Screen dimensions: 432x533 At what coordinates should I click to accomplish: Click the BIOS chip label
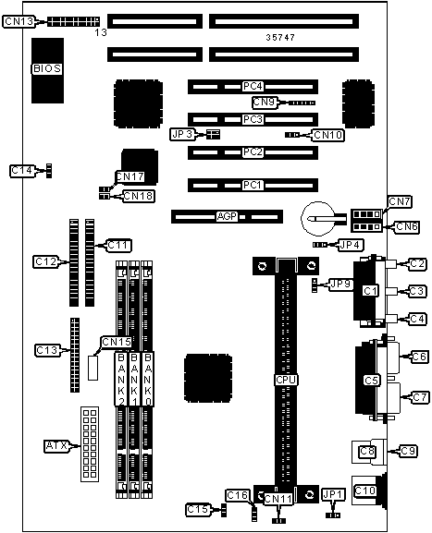point(47,68)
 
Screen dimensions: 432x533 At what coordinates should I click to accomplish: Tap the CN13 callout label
point(19,21)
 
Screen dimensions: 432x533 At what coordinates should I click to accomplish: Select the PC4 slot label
point(253,86)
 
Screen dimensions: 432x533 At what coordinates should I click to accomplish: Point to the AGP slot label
point(227,216)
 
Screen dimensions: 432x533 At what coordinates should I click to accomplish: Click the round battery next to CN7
point(317,219)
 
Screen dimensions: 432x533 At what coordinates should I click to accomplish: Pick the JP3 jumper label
point(182,134)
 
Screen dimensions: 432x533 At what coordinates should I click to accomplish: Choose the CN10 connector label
point(327,135)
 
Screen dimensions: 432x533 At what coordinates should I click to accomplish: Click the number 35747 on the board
point(280,37)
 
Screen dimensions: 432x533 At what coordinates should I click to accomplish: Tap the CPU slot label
point(286,380)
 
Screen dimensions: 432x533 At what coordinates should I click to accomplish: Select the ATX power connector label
point(56,445)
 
